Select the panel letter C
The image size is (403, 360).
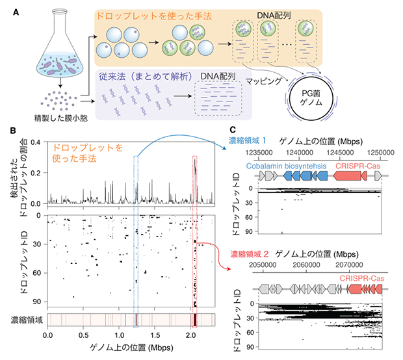[x=233, y=131]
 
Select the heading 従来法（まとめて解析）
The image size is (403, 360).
[x=144, y=77]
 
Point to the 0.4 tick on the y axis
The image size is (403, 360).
[x=37, y=142]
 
